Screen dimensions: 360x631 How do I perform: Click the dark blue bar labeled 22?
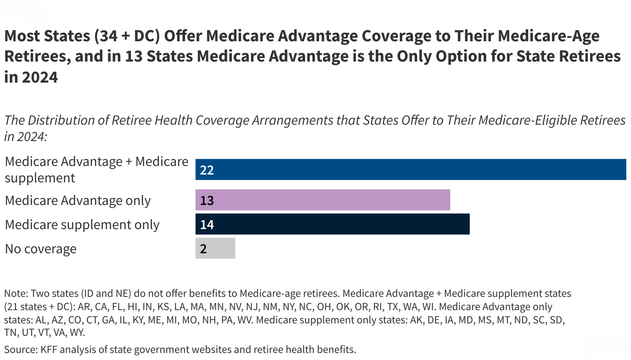[x=411, y=169]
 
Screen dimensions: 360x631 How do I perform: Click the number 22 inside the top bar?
[x=207, y=170]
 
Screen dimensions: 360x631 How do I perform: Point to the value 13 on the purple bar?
[x=207, y=200]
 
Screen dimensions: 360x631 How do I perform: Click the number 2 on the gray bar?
[x=203, y=249]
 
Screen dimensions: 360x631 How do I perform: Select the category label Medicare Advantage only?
[x=78, y=200]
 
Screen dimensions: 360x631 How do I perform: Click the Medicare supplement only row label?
[x=82, y=224]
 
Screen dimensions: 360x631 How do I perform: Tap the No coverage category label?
[x=41, y=249]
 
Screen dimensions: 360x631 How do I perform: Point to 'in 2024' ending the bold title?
[x=31, y=77]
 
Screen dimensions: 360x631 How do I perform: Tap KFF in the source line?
[x=48, y=349]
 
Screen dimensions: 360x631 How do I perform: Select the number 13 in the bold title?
[x=134, y=56]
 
